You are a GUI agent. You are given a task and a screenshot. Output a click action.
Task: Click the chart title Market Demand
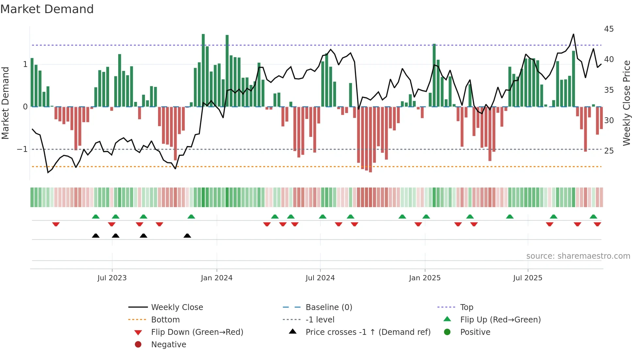point(47,9)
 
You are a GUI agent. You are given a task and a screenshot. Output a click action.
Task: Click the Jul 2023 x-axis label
point(112,278)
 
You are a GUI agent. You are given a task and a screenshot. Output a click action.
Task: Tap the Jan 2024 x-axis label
point(216,278)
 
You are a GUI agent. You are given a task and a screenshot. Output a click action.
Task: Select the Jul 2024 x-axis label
point(320,278)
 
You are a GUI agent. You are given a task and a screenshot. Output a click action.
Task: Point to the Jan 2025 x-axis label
point(424,278)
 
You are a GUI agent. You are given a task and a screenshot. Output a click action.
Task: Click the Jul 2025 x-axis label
point(528,278)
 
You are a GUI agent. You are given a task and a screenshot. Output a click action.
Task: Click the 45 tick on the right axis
point(609,29)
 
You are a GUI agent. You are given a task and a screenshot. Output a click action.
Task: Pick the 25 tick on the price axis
point(609,151)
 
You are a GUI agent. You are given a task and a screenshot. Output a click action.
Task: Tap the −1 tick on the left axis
point(22,149)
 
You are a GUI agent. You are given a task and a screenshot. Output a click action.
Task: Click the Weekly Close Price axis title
point(626,103)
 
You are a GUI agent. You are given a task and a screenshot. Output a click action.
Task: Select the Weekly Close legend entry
point(177,307)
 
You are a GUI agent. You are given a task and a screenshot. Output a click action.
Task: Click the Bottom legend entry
point(165,320)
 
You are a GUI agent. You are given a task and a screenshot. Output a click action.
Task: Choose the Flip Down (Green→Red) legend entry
point(197,332)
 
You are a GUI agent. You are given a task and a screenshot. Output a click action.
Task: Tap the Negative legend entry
point(168,345)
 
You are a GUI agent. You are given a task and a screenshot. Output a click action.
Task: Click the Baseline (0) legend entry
point(328,307)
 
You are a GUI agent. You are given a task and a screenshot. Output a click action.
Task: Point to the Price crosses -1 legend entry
point(368,332)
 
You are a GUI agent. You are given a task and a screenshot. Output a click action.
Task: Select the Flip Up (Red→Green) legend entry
point(500,320)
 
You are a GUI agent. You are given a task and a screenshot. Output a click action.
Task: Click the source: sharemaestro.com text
point(578,256)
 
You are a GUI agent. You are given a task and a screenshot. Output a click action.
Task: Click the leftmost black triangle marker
point(96,236)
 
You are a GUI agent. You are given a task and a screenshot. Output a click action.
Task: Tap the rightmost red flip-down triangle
point(598,224)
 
